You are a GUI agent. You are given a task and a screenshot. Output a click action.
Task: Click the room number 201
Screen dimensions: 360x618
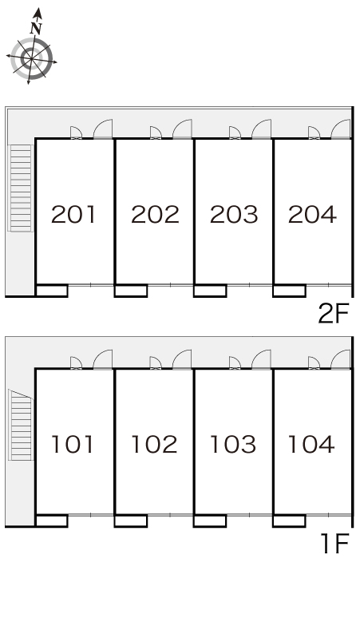point(73,215)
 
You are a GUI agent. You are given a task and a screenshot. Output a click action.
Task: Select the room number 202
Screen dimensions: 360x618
point(155,215)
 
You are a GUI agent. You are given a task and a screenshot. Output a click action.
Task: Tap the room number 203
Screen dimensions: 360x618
point(234,215)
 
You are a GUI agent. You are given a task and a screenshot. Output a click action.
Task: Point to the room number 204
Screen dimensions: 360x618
point(312,215)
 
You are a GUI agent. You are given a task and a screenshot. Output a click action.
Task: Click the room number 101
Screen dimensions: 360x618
point(73,444)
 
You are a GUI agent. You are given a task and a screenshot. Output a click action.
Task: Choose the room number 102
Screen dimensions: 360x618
point(154,444)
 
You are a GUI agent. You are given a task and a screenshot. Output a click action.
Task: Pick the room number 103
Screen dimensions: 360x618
point(233,444)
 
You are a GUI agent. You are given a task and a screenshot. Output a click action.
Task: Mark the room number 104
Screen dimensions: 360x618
point(311,444)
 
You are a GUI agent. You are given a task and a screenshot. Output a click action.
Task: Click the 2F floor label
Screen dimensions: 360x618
point(334,314)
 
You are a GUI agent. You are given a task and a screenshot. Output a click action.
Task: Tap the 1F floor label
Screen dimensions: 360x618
point(335,544)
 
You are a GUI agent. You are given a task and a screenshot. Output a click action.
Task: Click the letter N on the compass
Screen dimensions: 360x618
point(36,28)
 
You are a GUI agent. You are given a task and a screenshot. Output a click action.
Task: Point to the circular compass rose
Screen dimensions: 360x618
point(31,59)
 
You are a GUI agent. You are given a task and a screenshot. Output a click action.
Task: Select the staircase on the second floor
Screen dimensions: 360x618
point(21,188)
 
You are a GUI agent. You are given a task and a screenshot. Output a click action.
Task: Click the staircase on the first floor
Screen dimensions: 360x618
point(21,425)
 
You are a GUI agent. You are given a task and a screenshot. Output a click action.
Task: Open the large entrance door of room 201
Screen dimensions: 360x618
point(103,129)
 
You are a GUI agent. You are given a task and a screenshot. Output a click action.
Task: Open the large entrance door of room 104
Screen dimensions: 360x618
point(341,359)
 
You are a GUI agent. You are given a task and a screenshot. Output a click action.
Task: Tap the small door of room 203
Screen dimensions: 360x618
point(235,133)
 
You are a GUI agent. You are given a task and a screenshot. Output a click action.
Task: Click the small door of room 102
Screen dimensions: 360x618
point(156,363)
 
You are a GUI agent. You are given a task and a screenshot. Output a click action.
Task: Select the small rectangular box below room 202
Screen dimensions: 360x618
point(131,291)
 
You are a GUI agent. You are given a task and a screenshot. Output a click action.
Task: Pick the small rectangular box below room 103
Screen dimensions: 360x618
point(210,521)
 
